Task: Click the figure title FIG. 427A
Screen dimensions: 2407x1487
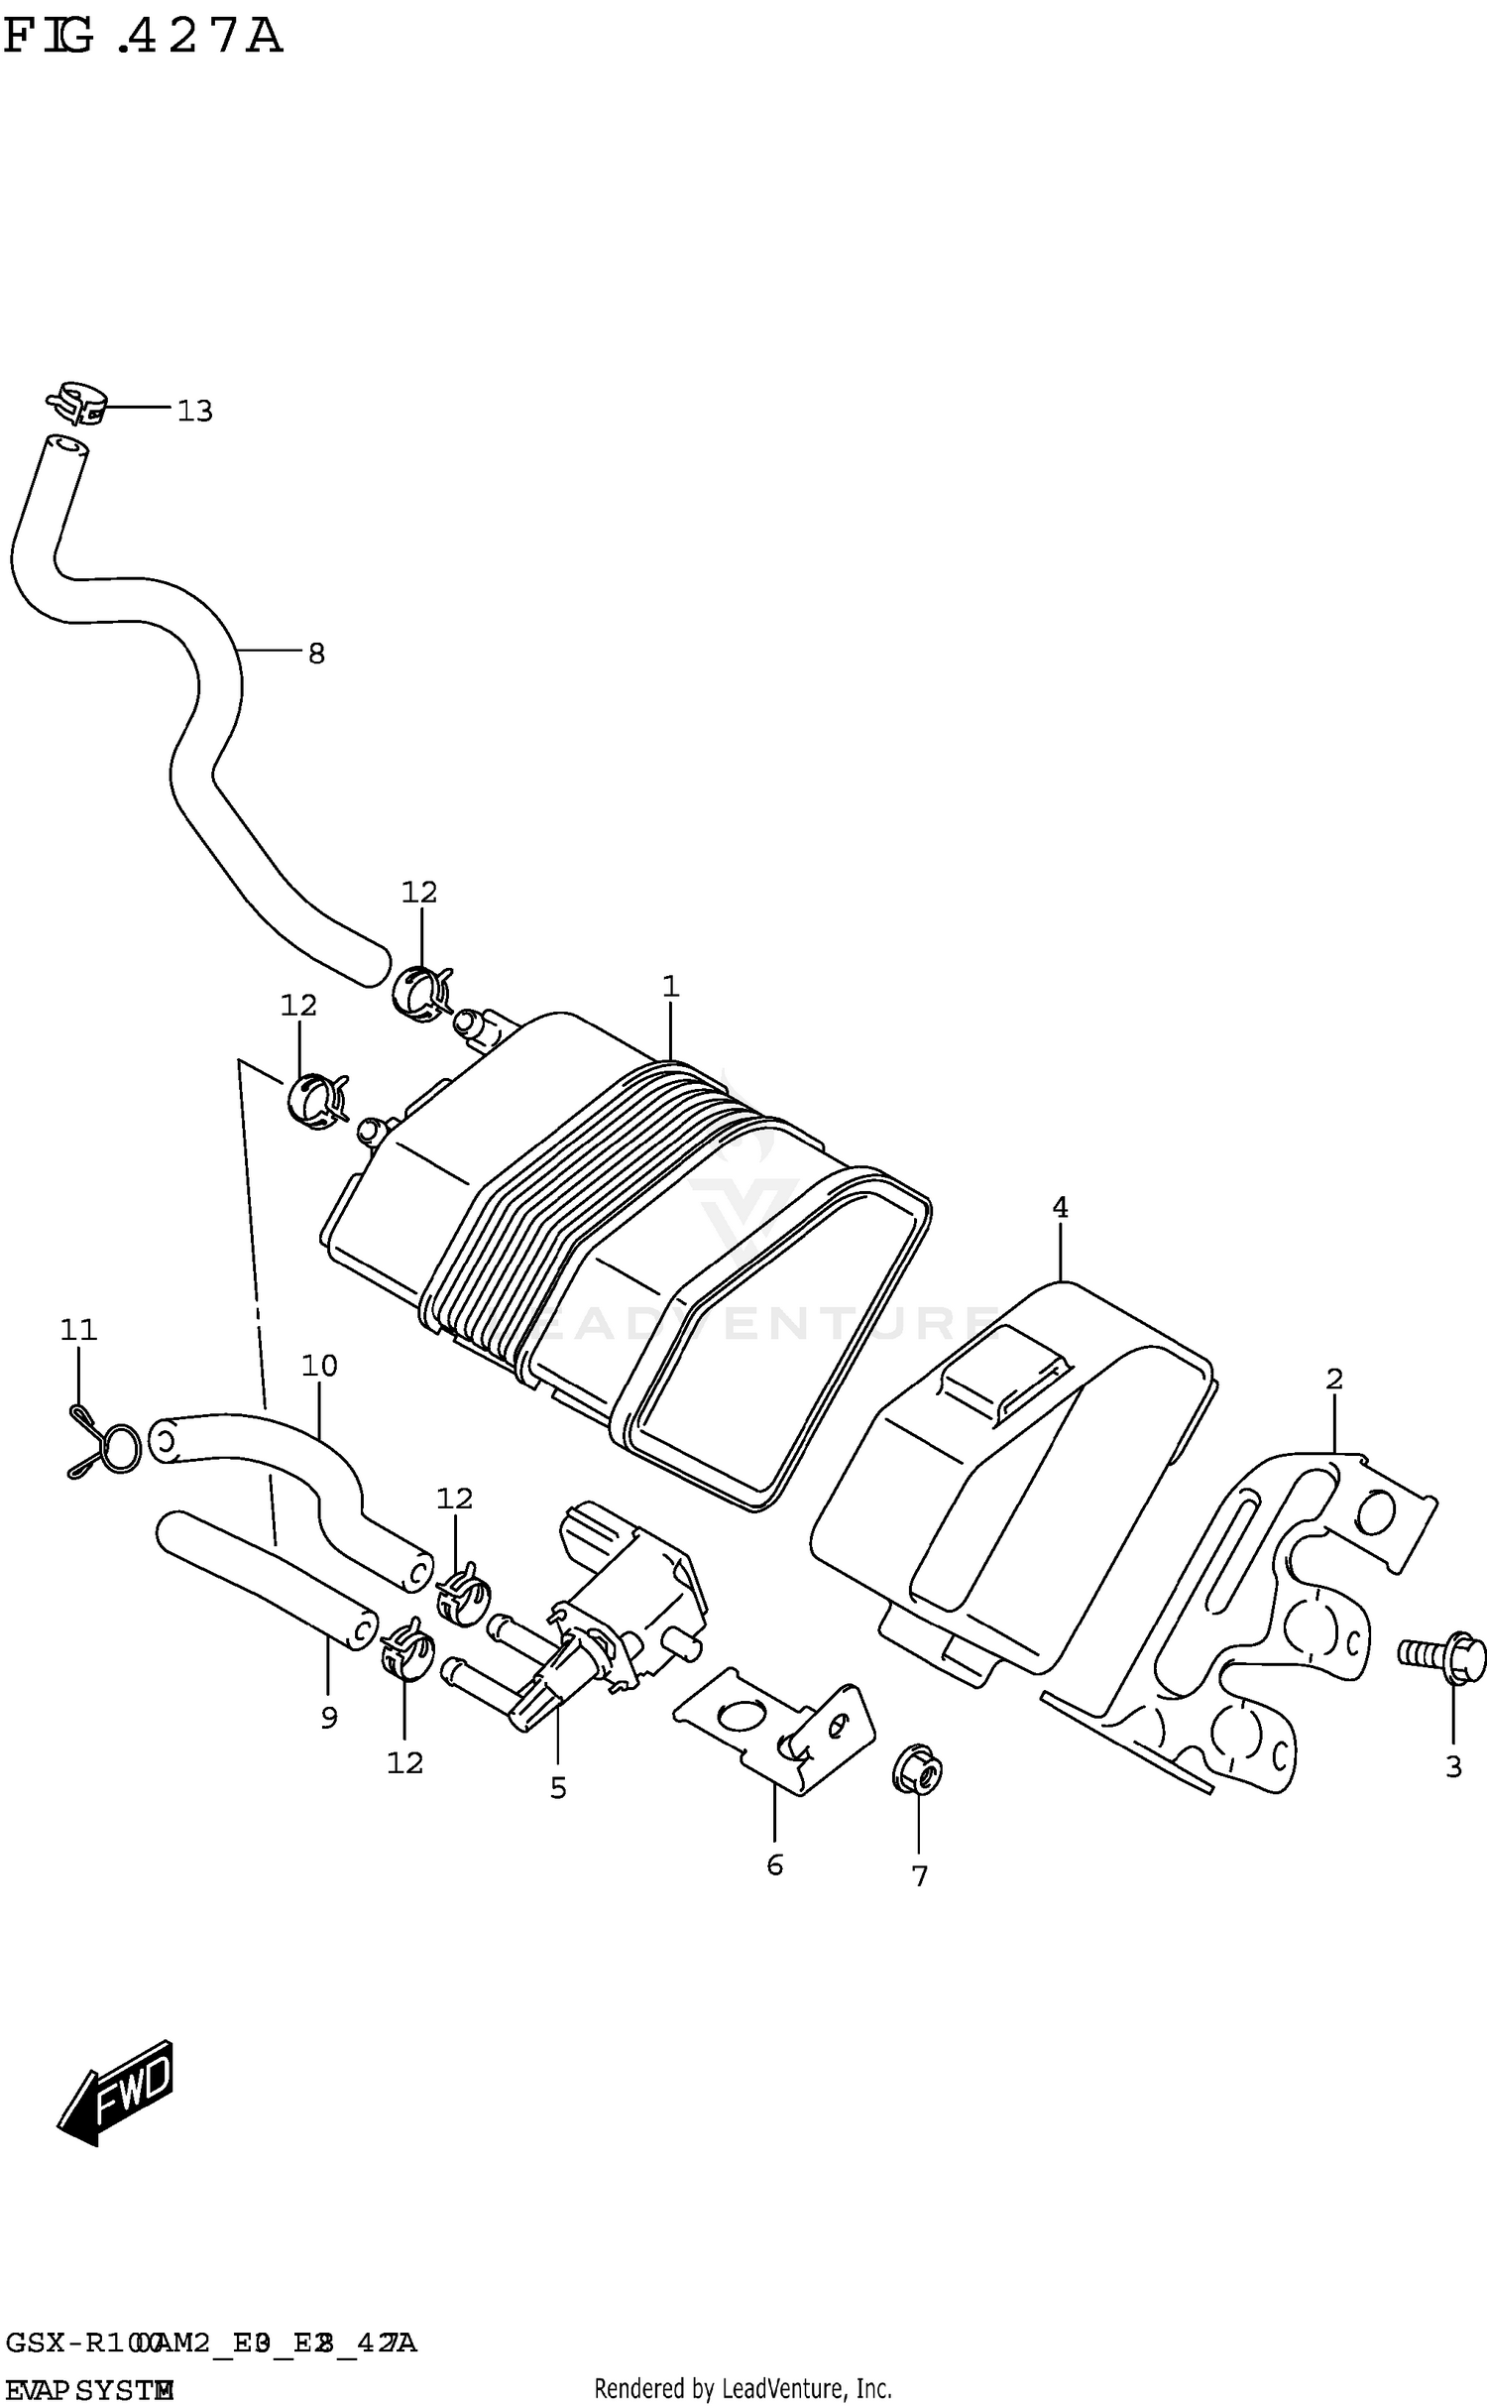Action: (144, 38)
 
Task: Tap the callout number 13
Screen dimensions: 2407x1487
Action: (194, 411)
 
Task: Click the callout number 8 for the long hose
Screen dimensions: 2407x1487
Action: (316, 654)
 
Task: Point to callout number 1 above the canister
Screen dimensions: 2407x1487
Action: (670, 987)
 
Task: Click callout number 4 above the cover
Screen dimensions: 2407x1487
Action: (1060, 1208)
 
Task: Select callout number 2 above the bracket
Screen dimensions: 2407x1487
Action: (1334, 1380)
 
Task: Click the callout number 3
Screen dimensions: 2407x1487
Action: (1453, 1767)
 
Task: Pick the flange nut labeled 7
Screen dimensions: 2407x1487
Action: (918, 1770)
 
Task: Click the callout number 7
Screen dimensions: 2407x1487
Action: (920, 1876)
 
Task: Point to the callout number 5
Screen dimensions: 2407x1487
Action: (558, 1788)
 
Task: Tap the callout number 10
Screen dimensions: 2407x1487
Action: (319, 1367)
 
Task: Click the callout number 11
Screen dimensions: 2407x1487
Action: (78, 1330)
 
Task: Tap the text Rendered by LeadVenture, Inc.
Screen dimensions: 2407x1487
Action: (743, 2388)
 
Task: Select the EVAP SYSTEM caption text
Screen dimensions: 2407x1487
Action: (89, 2390)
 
